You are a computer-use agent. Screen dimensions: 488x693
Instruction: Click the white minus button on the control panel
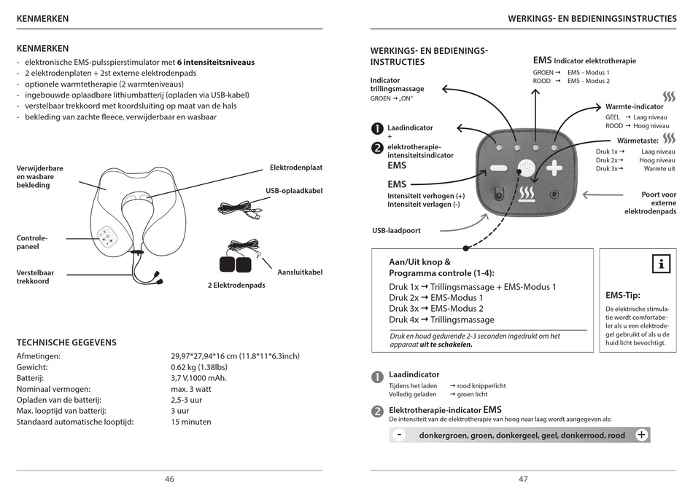[499, 168]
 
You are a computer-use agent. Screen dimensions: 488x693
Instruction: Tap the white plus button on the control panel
[554, 168]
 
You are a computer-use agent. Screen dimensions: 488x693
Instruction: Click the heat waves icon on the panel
[527, 194]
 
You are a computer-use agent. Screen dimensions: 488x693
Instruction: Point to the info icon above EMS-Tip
[661, 264]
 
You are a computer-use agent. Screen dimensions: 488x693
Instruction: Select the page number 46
[169, 479]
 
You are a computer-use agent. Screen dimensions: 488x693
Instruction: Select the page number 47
[523, 479]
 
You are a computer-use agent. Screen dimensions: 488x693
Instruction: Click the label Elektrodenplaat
[295, 168]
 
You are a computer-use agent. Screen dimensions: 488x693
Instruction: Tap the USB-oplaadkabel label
[294, 191]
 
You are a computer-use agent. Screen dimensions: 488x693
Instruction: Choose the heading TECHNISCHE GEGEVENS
[66, 342]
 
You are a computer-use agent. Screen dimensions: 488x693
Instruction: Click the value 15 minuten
[191, 422]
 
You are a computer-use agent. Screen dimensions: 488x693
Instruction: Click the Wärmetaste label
[638, 140]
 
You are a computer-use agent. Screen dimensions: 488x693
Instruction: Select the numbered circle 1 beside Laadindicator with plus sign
[376, 128]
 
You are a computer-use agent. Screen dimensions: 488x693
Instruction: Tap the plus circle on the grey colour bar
[641, 435]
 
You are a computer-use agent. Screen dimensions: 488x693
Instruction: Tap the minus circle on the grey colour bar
[399, 435]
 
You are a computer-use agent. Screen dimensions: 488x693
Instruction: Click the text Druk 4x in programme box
[403, 320]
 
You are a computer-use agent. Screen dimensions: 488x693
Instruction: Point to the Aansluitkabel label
[300, 272]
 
